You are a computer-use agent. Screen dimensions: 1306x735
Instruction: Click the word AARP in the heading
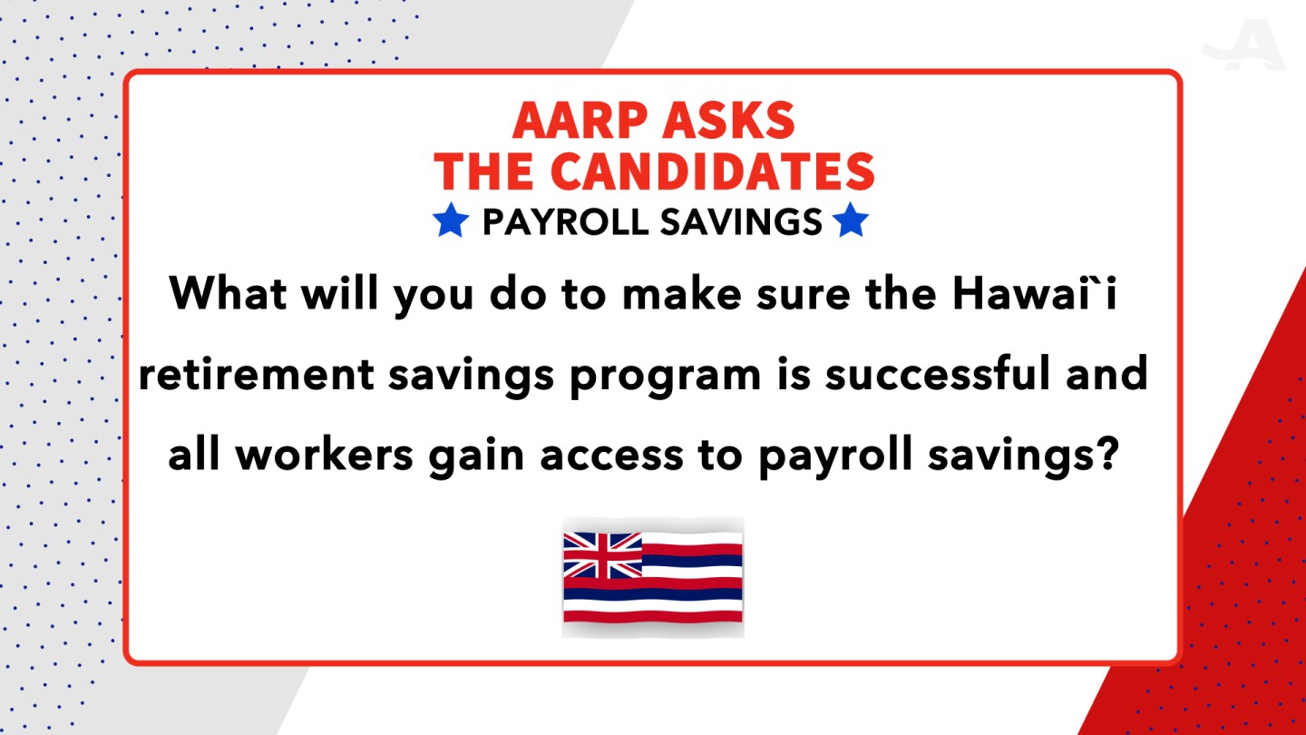click(577, 120)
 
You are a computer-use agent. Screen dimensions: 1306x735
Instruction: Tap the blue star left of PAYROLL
click(451, 220)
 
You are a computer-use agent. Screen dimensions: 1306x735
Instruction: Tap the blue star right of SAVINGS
click(851, 220)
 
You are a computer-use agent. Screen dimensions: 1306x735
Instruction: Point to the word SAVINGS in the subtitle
click(741, 222)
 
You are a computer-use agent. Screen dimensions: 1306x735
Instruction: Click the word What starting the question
click(228, 293)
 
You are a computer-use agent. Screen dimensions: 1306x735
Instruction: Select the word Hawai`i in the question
click(1035, 292)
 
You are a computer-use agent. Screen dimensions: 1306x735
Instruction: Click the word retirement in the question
click(257, 373)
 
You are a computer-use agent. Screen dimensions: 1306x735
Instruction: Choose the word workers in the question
click(324, 454)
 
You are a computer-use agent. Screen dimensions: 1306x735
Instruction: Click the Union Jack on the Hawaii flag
click(603, 554)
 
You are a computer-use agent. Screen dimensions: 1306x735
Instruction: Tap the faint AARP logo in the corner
click(1243, 44)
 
